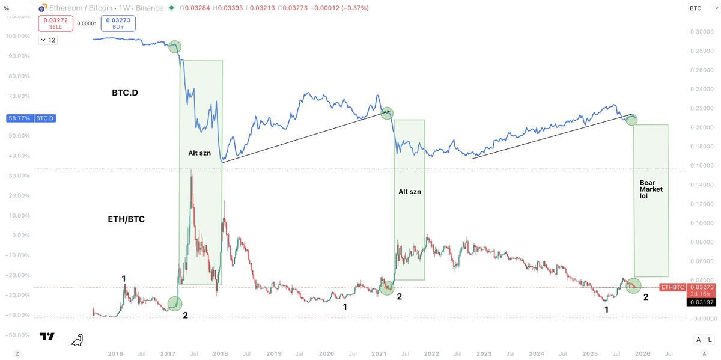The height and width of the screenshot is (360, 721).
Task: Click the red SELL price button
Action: pyautogui.click(x=56, y=23)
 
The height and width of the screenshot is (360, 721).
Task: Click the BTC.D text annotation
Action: pyautogui.click(x=125, y=94)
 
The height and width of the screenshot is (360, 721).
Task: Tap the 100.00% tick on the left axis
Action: pyautogui.click(x=18, y=36)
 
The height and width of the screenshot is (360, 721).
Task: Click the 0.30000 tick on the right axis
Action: pyautogui.click(x=700, y=32)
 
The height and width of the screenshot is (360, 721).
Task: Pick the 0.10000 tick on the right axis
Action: pyautogui.click(x=700, y=224)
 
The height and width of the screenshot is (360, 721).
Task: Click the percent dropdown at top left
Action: pyautogui.click(x=16, y=8)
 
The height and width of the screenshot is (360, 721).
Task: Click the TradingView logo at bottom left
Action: pyautogui.click(x=48, y=337)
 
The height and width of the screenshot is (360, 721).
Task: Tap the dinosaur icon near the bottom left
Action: pyautogui.click(x=77, y=340)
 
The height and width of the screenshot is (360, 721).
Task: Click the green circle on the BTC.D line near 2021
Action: pyautogui.click(x=387, y=112)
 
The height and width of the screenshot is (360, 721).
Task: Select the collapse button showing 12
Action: pyautogui.click(x=47, y=40)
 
